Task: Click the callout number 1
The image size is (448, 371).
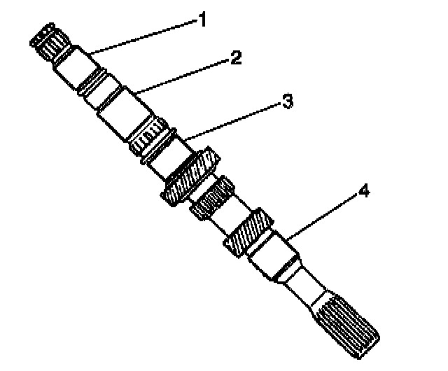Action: (202, 20)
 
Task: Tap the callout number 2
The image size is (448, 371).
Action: (236, 57)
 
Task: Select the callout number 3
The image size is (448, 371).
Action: (286, 103)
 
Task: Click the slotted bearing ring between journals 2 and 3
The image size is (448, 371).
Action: (149, 141)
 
